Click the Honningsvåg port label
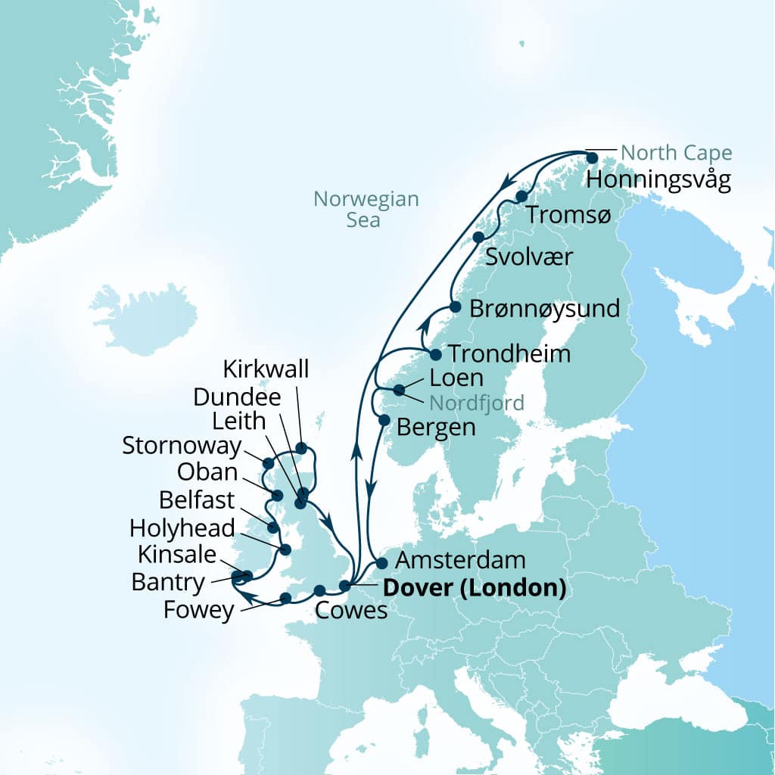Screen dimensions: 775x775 point(658,182)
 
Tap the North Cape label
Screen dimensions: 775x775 point(676,154)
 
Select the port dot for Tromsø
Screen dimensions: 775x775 point(521,197)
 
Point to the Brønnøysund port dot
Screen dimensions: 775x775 point(455,307)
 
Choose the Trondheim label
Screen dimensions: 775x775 point(509,354)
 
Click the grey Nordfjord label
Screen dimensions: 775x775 point(476,402)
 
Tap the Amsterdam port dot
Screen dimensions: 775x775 point(381,563)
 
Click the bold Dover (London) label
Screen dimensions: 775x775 point(475,587)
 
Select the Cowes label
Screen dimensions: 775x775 point(350,611)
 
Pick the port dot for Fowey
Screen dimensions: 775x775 point(285,598)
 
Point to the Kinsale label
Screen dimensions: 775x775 point(177,555)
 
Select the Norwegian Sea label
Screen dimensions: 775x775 point(366,210)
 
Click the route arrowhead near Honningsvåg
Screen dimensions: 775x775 point(509,182)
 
